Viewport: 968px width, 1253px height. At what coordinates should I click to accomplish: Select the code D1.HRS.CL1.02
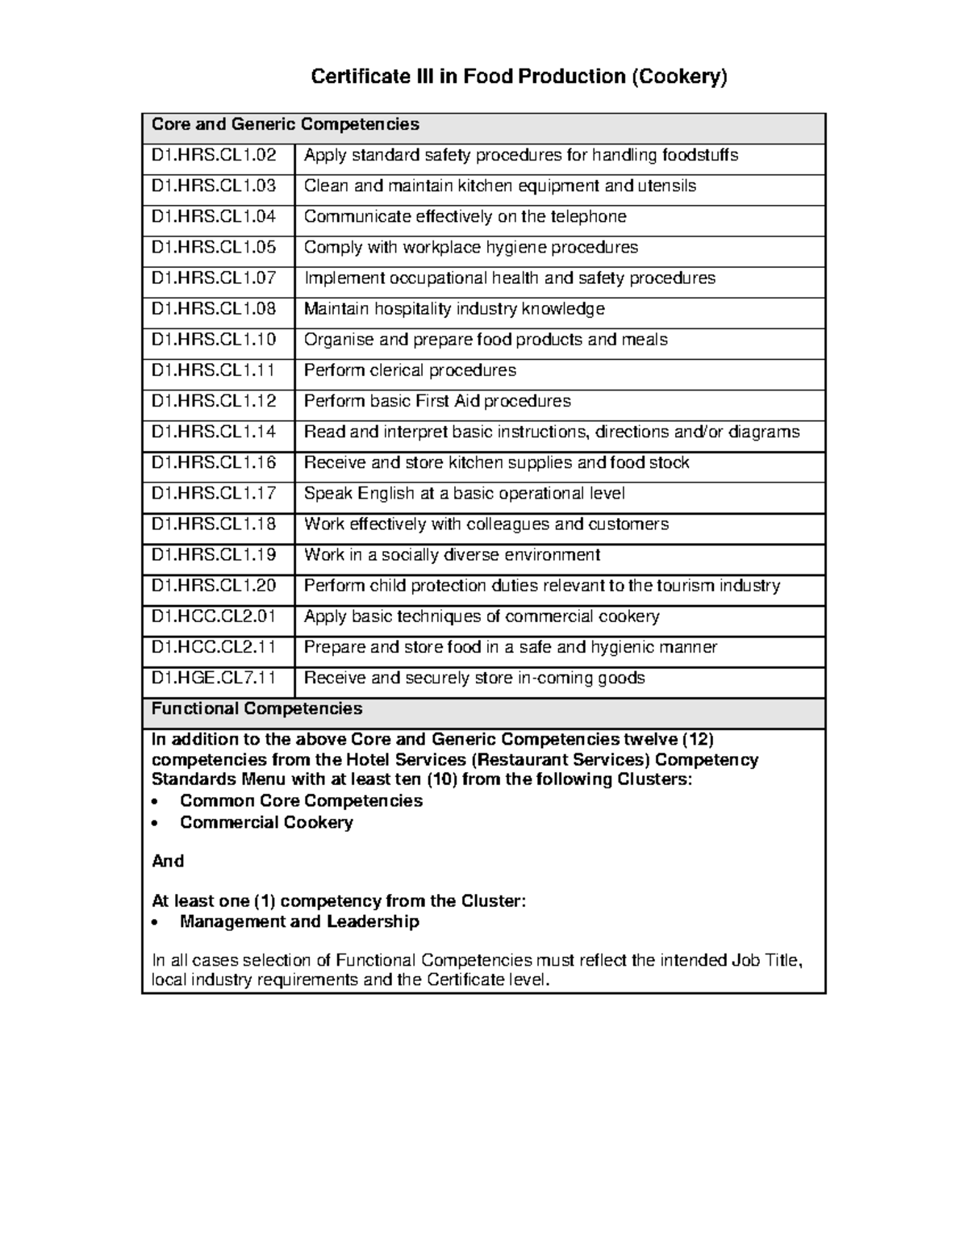(x=214, y=155)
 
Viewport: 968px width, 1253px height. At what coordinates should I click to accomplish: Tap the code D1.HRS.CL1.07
(x=214, y=278)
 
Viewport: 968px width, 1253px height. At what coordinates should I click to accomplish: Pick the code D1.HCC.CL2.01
(x=214, y=616)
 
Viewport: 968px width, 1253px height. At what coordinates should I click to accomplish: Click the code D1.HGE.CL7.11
(x=214, y=678)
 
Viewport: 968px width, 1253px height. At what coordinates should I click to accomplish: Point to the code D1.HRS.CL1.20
(x=214, y=586)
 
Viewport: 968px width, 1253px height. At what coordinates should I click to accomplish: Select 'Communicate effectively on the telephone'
(x=465, y=217)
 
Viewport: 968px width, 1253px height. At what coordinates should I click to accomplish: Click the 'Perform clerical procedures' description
(x=410, y=370)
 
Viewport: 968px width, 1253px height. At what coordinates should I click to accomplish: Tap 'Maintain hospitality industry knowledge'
(x=454, y=309)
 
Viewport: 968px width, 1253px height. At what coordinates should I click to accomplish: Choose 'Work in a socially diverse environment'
(x=452, y=555)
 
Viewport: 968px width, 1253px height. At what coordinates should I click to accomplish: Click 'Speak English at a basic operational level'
(x=464, y=493)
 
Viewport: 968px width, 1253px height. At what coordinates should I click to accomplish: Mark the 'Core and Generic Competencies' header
(x=286, y=124)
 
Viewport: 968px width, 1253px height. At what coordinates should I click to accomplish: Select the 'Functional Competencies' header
(x=257, y=708)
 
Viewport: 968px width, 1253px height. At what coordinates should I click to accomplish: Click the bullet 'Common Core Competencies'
(x=301, y=800)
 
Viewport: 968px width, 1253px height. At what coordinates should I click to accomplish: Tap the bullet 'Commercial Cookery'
(x=266, y=822)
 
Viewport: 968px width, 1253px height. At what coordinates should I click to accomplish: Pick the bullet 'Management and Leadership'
(x=299, y=921)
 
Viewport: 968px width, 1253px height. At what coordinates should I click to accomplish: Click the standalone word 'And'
(x=168, y=861)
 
